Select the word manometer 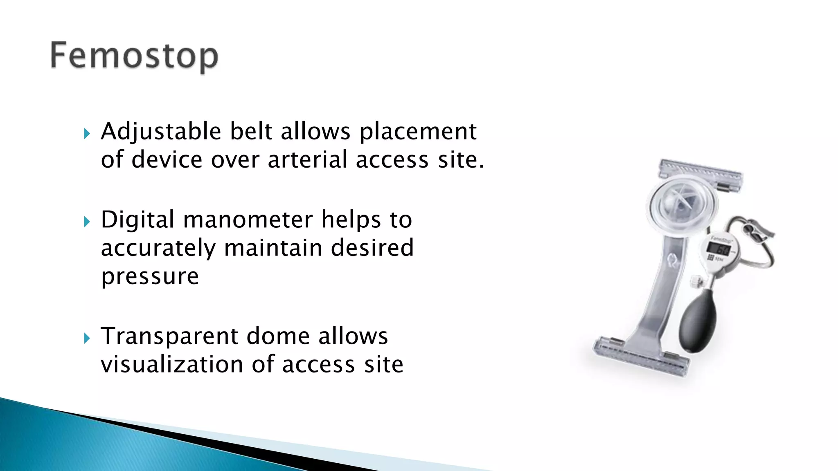pos(248,220)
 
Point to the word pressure pos(150,277)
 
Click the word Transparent pos(169,337)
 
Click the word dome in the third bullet pos(278,337)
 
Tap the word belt pos(251,132)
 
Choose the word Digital pos(138,220)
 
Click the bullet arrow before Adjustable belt pos(86,134)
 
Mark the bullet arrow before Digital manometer pos(86,222)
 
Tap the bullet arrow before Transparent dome pos(86,339)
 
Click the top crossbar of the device pos(701,174)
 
